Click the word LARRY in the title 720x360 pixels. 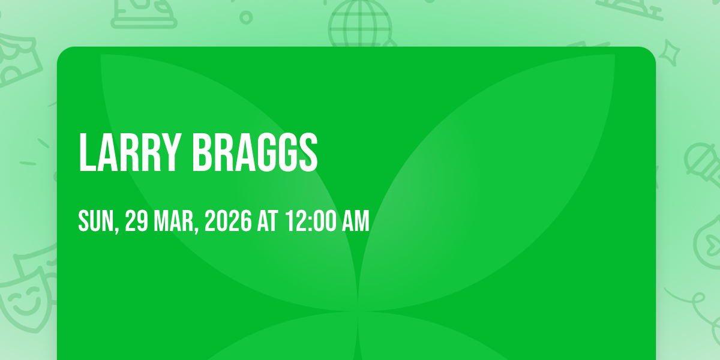(128, 153)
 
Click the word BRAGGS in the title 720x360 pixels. (255, 153)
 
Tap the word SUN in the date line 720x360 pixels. (96, 221)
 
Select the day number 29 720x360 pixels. (136, 221)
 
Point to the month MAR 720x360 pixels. (173, 221)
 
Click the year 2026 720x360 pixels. (228, 221)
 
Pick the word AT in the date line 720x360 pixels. (268, 221)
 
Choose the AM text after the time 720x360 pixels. (355, 221)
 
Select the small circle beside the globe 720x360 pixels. (246, 17)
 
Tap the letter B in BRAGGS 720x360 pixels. (203, 153)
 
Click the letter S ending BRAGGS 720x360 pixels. (308, 153)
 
